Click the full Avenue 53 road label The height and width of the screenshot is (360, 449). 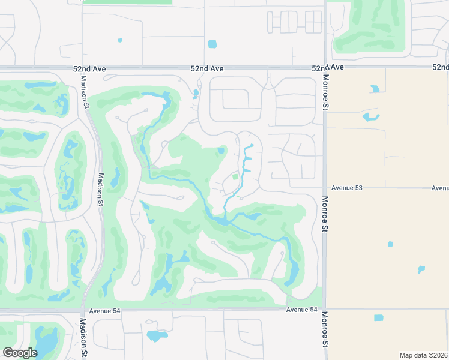click(x=346, y=188)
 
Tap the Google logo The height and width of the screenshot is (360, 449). click(x=20, y=353)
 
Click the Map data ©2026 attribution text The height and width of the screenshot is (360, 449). click(x=423, y=355)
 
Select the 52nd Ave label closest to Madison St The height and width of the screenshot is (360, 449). click(x=91, y=69)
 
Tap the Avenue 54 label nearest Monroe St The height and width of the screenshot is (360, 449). click(x=301, y=310)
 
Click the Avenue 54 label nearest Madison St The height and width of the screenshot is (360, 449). click(x=104, y=311)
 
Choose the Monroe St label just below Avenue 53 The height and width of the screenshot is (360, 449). click(x=325, y=214)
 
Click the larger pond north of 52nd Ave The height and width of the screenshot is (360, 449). click(x=212, y=44)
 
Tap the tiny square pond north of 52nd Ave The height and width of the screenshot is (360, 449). click(x=120, y=40)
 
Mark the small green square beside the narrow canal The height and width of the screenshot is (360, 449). click(x=235, y=176)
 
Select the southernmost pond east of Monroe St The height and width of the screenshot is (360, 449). click(x=378, y=317)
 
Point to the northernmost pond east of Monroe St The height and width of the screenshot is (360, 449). click(x=375, y=89)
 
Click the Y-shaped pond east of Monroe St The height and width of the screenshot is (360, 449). click(x=370, y=116)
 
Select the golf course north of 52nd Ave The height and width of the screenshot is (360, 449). click(x=369, y=27)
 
